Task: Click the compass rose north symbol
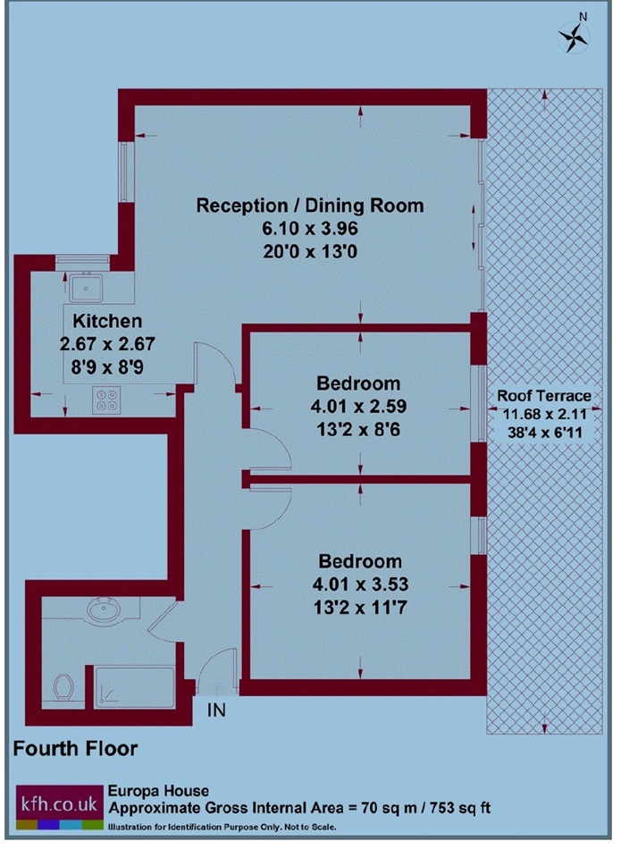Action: coord(574,35)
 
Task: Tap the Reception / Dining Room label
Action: coord(310,206)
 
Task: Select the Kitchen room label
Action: coord(107,320)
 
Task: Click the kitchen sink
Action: coord(88,287)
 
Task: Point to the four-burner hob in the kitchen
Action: coord(108,400)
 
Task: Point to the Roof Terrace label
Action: coord(544,396)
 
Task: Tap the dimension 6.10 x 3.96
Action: coord(310,229)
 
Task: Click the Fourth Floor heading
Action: coord(76,747)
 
